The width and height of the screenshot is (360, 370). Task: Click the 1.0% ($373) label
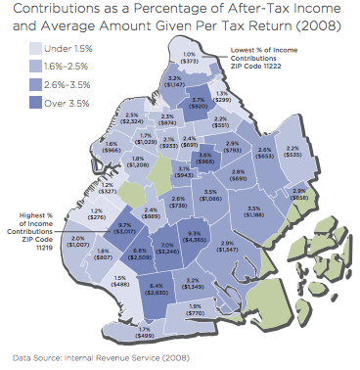pyautogui.click(x=190, y=57)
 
